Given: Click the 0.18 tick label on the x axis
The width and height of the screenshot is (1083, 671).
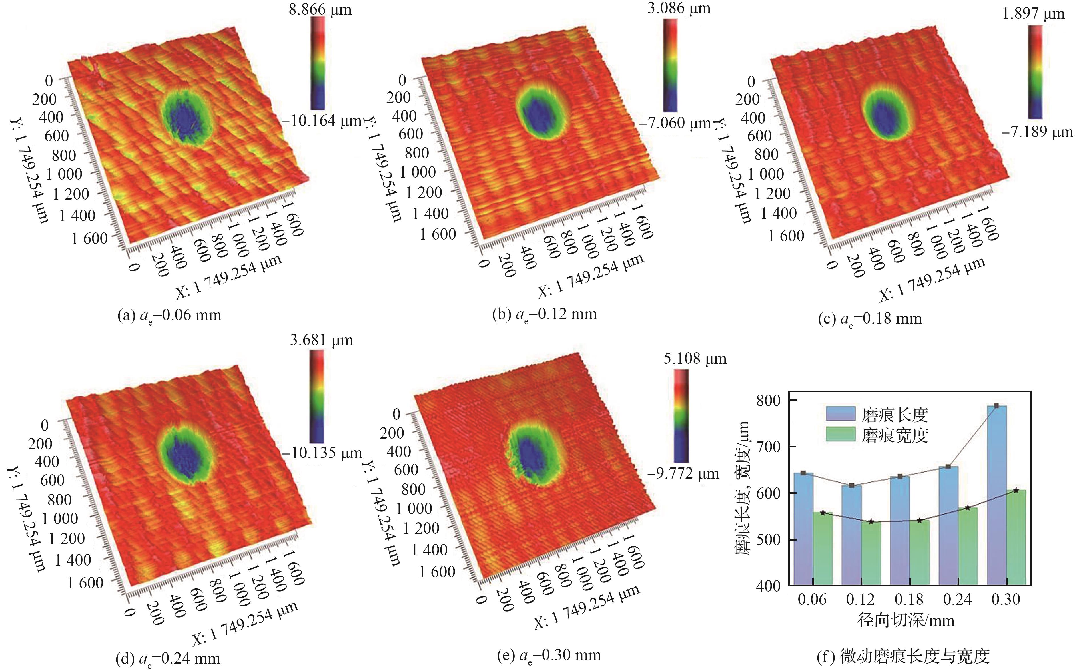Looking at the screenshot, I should pyautogui.click(x=909, y=600).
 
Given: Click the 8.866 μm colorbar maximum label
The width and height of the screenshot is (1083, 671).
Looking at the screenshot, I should pyautogui.click(x=320, y=9).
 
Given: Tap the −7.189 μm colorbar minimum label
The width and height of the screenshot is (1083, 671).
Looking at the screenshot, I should pyautogui.click(x=1037, y=132).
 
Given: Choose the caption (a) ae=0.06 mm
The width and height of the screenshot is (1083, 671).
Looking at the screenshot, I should pyautogui.click(x=169, y=316).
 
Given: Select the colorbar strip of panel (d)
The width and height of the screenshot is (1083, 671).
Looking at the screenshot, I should pyautogui.click(x=317, y=396).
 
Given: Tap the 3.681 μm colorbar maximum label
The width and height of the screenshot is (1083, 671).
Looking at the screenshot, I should pyautogui.click(x=321, y=341).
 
